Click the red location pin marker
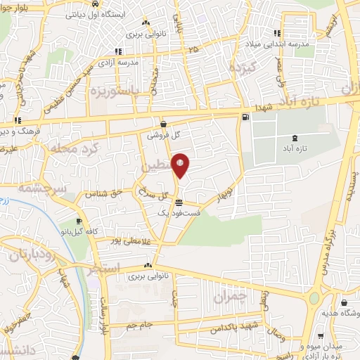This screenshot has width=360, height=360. tap(181, 166)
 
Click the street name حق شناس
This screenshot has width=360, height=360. tap(104, 192)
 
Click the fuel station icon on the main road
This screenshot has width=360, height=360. tap(245, 117)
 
